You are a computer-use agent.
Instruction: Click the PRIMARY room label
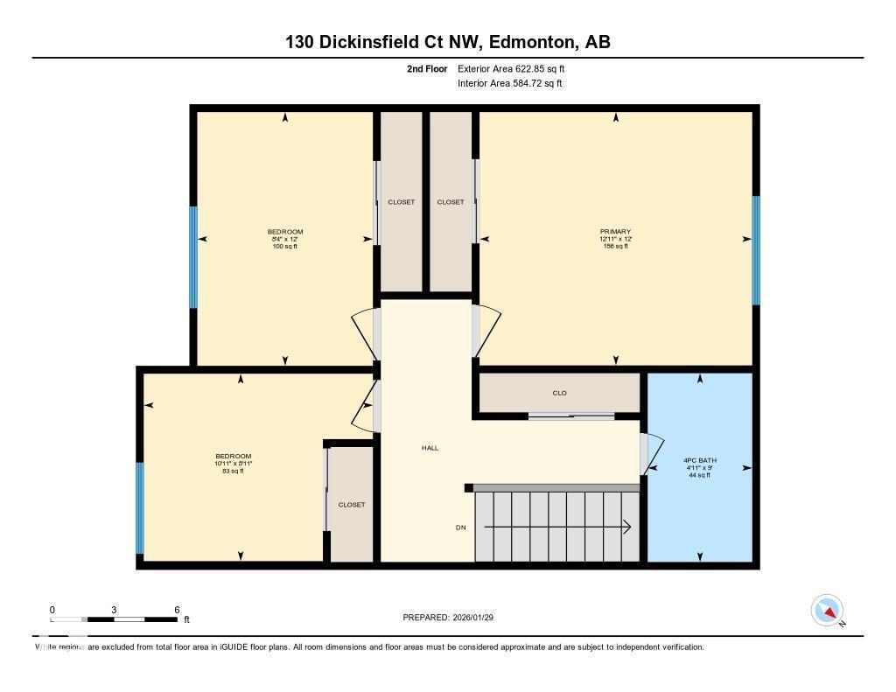[615, 232]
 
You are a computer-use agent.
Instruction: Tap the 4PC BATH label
[699, 460]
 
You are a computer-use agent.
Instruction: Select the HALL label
[430, 448]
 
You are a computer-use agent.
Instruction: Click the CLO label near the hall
[559, 393]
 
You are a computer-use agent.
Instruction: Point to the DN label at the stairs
[460, 528]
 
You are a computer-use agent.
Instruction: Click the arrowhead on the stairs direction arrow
[627, 527]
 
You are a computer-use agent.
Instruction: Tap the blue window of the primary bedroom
[756, 250]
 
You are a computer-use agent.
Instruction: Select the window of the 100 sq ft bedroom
[193, 257]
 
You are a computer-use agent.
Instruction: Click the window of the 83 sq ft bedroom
[140, 507]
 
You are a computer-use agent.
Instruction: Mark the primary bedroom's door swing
[486, 331]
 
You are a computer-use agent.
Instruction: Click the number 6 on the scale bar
[177, 610]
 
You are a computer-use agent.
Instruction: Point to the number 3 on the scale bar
[115, 610]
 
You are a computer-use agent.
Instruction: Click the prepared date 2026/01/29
[480, 618]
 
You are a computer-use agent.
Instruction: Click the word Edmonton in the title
[532, 42]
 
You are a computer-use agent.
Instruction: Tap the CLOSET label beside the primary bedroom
[451, 202]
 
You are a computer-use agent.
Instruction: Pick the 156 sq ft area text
[615, 247]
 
